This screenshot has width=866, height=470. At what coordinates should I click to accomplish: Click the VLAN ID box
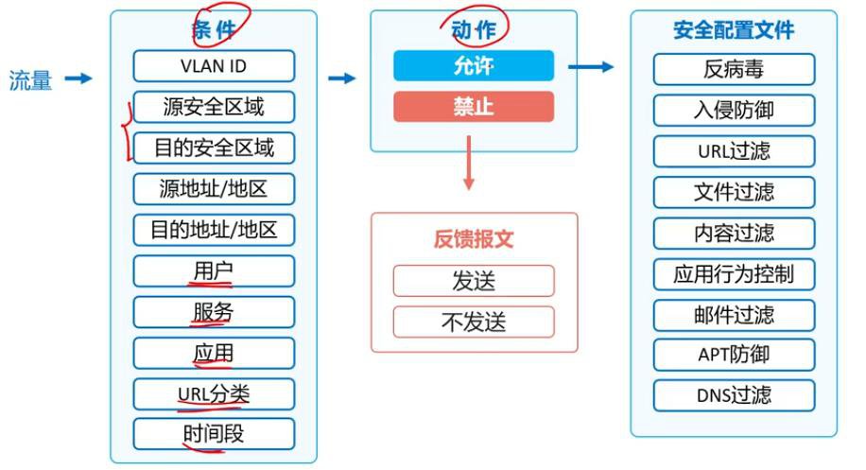tap(214, 66)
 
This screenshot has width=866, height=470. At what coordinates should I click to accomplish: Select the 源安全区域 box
tap(214, 107)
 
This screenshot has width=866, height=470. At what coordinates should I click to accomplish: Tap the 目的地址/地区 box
tap(214, 230)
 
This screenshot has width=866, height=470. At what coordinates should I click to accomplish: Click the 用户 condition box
tap(214, 270)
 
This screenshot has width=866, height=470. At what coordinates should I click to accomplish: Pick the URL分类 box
tap(214, 393)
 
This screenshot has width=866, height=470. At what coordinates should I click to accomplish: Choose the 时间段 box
tap(214, 434)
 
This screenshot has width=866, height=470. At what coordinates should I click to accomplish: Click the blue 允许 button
tap(474, 65)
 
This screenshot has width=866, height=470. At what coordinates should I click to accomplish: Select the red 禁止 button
tap(474, 106)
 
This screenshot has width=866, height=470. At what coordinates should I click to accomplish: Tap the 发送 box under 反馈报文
tap(474, 281)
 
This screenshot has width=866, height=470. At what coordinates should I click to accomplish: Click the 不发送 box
tap(474, 322)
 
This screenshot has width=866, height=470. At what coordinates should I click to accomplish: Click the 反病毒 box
tap(734, 69)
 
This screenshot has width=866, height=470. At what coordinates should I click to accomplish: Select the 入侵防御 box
tap(734, 110)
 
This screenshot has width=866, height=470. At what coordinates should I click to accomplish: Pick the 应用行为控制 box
tap(734, 274)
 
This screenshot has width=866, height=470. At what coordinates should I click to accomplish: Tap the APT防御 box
tap(734, 355)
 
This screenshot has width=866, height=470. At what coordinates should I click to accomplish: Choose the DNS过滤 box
tap(734, 394)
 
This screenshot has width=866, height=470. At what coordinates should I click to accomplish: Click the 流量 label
tap(30, 80)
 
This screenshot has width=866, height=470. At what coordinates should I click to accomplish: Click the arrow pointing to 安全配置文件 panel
tap(592, 66)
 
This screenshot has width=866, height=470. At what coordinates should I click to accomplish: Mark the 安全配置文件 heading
tap(734, 30)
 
